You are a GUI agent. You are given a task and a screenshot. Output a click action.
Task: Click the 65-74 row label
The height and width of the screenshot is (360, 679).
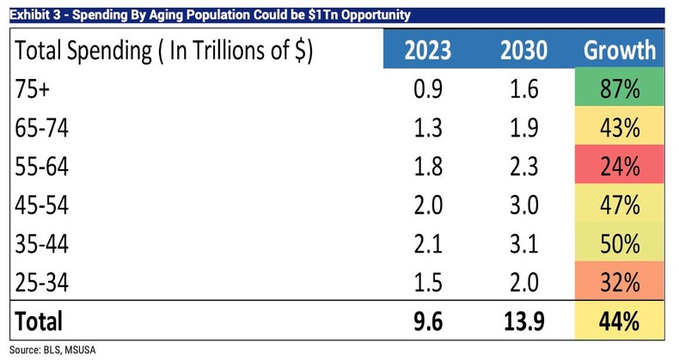click(41, 129)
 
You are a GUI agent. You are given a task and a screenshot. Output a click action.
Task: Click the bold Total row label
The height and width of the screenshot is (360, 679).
click(39, 322)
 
